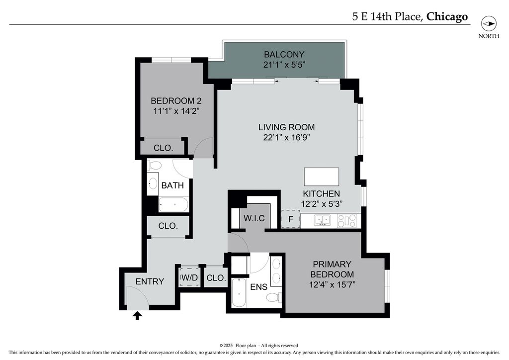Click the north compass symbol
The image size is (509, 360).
click(489, 24)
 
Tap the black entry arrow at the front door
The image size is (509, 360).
click(137, 316)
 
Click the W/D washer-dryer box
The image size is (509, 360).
click(189, 277)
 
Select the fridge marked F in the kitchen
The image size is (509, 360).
click(290, 219)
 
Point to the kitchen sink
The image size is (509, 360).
click(322, 220)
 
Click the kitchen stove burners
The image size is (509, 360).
click(346, 221)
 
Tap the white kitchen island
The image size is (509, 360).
click(322, 177)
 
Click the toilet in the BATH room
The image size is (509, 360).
click(154, 165)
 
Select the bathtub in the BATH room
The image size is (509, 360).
click(173, 204)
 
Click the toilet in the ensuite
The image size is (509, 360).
click(274, 297)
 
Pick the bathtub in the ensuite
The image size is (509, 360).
click(239, 293)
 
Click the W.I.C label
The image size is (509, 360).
click(254, 218)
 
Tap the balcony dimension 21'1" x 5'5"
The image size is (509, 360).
click(284, 65)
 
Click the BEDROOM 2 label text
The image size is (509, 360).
click(176, 100)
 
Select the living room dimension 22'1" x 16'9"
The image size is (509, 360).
click(287, 137)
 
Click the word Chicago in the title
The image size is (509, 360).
click(447, 16)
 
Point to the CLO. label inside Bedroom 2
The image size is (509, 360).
click(163, 148)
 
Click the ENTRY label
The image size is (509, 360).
click(150, 281)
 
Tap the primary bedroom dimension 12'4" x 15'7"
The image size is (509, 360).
click(332, 285)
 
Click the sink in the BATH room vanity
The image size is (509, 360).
click(153, 183)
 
